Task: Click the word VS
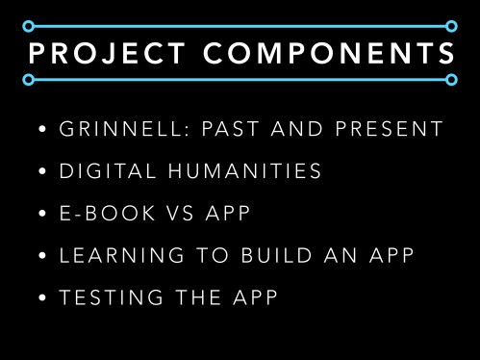point(181,213)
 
